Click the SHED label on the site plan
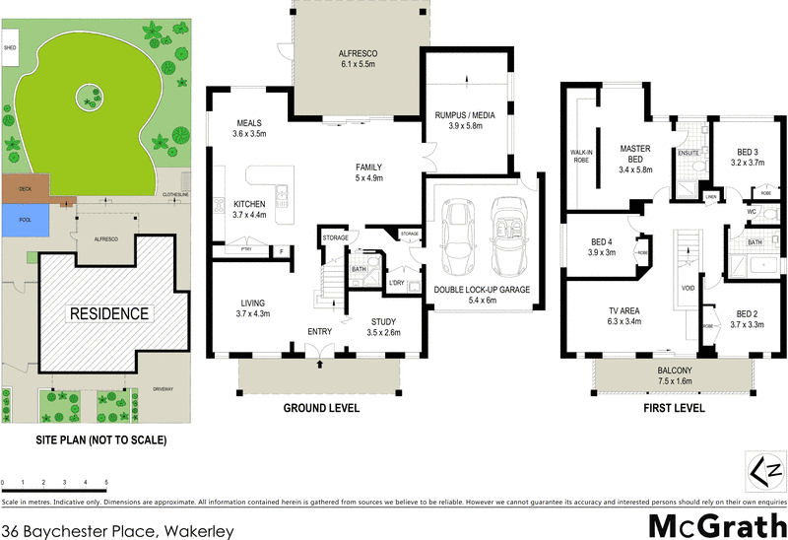coord(11,46)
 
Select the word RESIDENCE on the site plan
coord(109,314)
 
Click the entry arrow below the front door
coord(319,365)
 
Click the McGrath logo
coord(711,523)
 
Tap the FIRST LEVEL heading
coord(675,407)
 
